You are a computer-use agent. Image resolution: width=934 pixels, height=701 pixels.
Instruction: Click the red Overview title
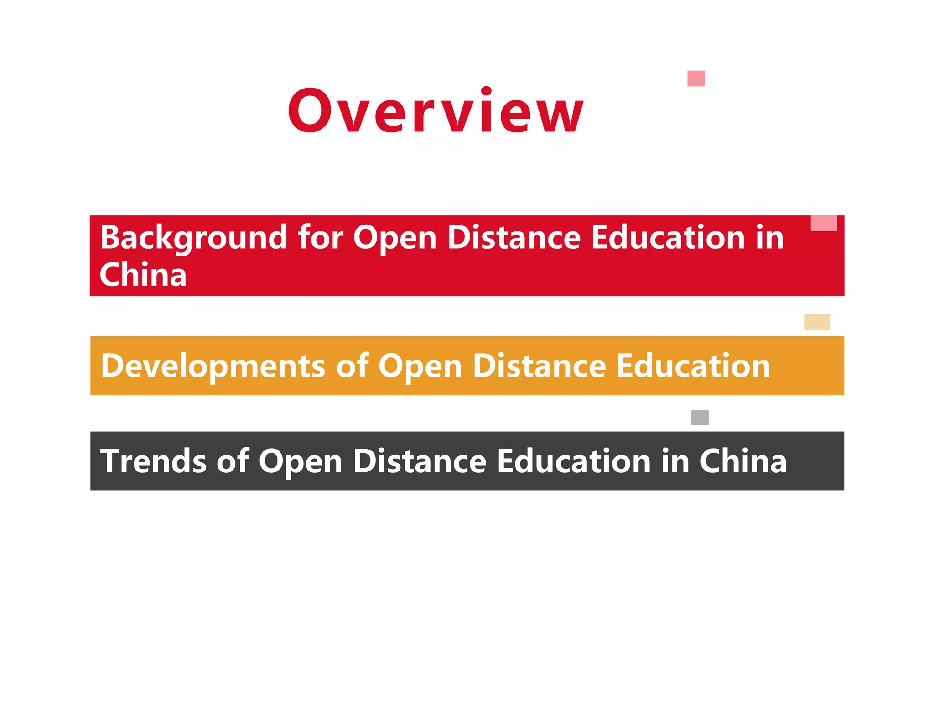436,111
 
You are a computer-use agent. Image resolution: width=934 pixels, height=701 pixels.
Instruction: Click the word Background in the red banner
193,238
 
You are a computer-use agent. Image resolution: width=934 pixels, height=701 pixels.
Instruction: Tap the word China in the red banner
143,275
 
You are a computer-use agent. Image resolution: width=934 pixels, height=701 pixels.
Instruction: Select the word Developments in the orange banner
213,366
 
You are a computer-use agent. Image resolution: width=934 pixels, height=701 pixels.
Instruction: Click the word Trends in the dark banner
153,461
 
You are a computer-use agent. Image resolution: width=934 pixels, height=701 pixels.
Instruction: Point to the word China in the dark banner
743,461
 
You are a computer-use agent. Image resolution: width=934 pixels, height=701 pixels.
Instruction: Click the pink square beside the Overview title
696,78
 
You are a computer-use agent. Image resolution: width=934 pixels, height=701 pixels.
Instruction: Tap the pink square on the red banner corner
824,223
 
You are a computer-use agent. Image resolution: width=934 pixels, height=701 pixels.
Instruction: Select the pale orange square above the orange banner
817,322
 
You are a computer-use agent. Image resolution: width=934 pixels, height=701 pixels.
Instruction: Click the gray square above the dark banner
700,417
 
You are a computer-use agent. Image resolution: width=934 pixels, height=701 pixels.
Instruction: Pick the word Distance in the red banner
514,238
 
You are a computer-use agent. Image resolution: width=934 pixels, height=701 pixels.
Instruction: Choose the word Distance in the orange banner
539,366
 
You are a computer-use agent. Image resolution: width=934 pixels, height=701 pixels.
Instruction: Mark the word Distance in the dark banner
420,461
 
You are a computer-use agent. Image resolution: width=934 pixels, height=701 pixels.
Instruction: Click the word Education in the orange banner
693,366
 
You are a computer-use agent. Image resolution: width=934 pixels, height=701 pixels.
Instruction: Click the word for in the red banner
321,238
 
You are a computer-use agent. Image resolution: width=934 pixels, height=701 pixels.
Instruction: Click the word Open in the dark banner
301,462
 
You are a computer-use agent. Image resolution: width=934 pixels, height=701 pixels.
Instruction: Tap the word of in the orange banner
352,366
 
